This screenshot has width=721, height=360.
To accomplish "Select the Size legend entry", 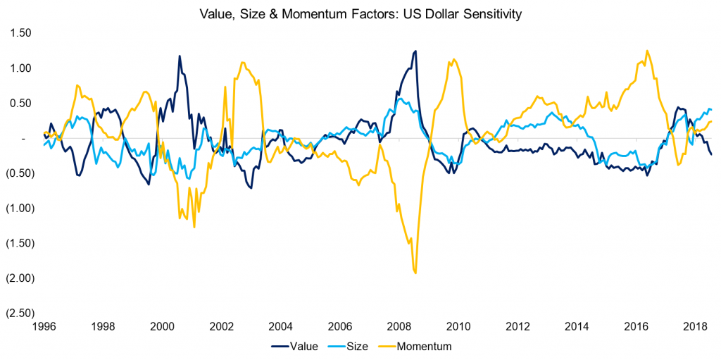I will click(x=356, y=346).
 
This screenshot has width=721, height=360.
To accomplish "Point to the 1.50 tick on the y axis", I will click(x=20, y=33).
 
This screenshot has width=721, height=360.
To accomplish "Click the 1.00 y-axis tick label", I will click(x=20, y=68).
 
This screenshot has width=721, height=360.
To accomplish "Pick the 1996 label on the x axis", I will click(x=44, y=326).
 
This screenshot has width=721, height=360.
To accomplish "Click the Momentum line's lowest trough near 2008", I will click(x=415, y=273).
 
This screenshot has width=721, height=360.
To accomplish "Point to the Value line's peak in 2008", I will click(x=415, y=51).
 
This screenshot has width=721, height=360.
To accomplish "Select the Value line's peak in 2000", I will click(x=179, y=56).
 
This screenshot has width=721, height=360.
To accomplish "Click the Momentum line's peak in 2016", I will click(x=646, y=51).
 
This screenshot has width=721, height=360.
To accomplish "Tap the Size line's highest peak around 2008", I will click(x=399, y=99).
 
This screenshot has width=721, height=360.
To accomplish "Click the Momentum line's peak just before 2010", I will click(x=453, y=59).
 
